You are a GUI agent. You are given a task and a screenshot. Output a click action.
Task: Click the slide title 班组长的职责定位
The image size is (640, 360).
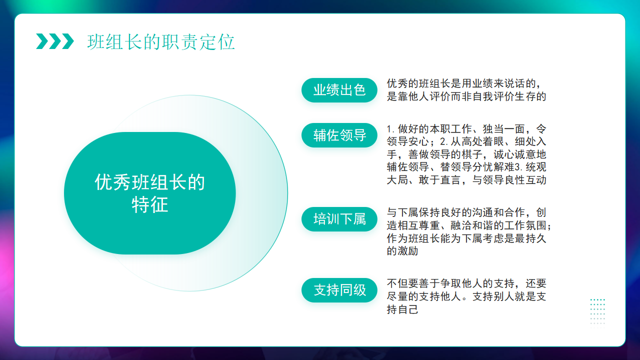161,42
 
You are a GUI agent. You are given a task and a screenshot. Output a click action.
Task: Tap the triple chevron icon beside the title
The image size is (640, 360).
55,41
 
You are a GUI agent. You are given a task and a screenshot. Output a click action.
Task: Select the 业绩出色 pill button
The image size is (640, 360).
339,90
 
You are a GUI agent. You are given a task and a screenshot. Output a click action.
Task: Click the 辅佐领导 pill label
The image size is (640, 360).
339,135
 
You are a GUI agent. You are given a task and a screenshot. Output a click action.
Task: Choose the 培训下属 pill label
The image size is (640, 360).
339,219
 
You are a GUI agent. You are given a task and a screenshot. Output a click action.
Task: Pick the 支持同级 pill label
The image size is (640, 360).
339,290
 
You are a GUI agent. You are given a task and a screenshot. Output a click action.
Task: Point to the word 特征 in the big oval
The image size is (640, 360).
149,204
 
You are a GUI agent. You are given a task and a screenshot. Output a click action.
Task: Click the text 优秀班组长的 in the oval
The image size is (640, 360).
149,182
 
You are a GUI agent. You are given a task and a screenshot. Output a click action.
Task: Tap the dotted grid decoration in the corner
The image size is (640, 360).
597,311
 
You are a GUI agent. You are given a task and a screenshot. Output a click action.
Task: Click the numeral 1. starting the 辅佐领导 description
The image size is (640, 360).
391,129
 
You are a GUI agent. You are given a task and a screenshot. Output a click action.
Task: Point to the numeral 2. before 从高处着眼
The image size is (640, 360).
444,141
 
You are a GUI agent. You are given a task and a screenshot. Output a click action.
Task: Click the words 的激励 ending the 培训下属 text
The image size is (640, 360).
402,251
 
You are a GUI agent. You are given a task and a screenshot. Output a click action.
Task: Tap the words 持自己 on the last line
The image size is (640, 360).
402,309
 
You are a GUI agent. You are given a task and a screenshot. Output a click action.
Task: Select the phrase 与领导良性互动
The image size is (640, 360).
509,180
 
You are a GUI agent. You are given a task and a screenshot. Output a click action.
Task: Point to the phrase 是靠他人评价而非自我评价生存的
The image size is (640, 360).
466,96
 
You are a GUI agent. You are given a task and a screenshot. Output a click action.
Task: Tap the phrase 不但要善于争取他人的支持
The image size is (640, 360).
450,283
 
